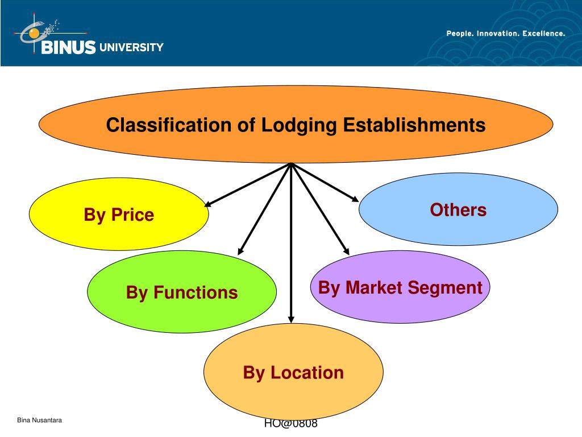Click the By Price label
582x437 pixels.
tap(119, 215)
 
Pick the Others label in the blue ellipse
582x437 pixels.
tap(458, 210)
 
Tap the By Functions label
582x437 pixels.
tap(182, 292)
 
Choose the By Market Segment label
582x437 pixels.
tap(400, 288)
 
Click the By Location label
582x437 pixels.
tap(293, 373)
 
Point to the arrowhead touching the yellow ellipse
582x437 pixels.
tap(209, 203)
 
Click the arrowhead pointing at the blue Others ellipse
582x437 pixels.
tap(355, 199)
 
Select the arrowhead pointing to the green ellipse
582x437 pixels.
tap(241, 250)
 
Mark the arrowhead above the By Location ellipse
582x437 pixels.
tap(291, 319)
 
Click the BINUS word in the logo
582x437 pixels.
tap(68, 48)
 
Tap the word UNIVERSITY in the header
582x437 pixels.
tap(131, 47)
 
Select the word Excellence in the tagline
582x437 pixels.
tap(544, 34)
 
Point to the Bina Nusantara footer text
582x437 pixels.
tap(39, 420)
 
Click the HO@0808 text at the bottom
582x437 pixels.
tap(290, 424)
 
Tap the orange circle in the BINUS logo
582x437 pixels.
tap(34, 34)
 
